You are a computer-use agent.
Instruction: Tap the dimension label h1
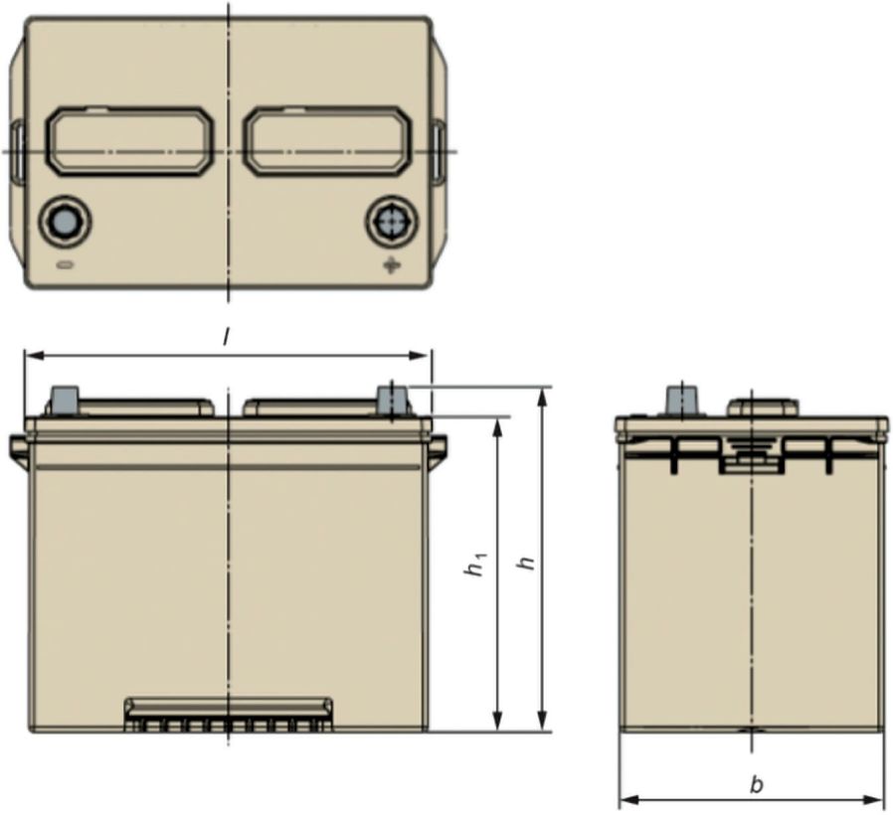pos(475,564)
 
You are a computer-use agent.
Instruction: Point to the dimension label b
pos(757,785)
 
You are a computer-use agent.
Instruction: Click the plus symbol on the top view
pos(391,264)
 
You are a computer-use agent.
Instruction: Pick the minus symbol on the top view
pos(65,264)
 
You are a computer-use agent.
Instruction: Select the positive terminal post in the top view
pos(391,221)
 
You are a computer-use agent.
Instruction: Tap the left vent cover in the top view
pos(130,140)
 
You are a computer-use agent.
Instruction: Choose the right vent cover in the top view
pos(327,140)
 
